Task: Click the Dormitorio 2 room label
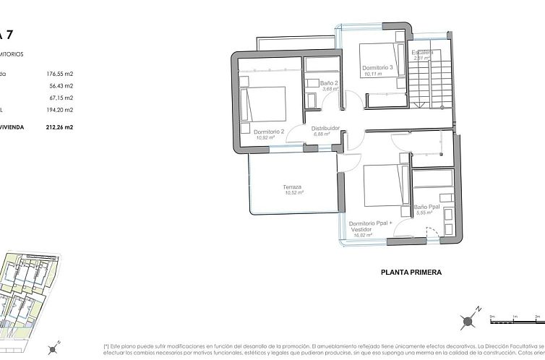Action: click(268, 131)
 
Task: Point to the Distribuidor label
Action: click(325, 128)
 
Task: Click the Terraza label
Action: click(293, 187)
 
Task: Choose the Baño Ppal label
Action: click(428, 206)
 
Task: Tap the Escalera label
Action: click(422, 53)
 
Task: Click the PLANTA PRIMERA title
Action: click(411, 273)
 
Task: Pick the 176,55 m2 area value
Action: click(60, 73)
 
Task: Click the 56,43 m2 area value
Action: click(61, 85)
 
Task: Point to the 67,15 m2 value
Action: click(61, 98)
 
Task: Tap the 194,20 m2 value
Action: click(60, 110)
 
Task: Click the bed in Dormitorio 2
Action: click(265, 103)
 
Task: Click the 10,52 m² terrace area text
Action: click(293, 193)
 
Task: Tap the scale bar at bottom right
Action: click(516, 318)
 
